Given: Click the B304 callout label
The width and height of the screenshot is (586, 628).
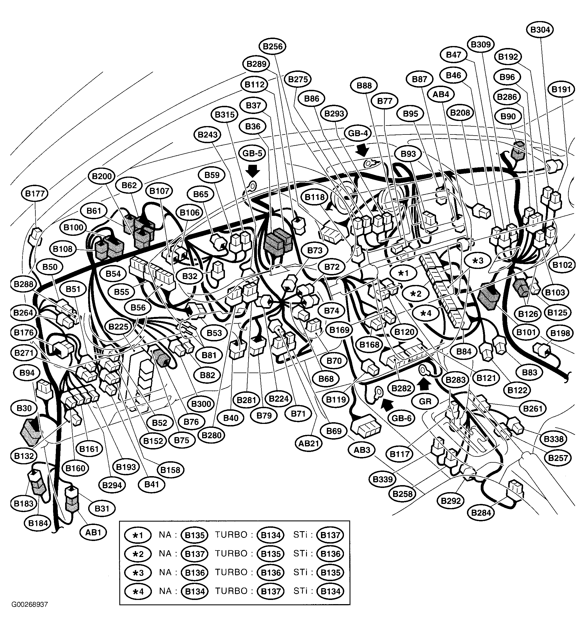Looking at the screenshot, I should tap(540, 30).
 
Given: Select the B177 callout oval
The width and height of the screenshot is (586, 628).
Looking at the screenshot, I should tap(35, 193).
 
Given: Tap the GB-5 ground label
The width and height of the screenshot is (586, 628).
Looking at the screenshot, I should tap(252, 153).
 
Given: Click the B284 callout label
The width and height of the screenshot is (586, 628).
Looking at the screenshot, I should tap(481, 513).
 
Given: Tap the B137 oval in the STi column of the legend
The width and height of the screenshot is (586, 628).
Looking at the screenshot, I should tap(330, 535).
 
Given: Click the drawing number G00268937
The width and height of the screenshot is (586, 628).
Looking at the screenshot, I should tap(30, 605).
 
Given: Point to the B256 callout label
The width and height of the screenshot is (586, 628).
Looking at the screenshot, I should tap(273, 46).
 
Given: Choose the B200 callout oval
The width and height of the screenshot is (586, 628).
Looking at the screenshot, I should tap(102, 176).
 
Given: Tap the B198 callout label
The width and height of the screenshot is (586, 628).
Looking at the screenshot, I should tap(560, 333).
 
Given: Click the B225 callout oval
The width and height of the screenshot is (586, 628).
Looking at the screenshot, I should tap(118, 327).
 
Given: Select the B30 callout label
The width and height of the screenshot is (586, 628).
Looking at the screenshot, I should tap(24, 408).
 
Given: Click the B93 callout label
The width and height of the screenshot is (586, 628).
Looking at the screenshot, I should tap(408, 154).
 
